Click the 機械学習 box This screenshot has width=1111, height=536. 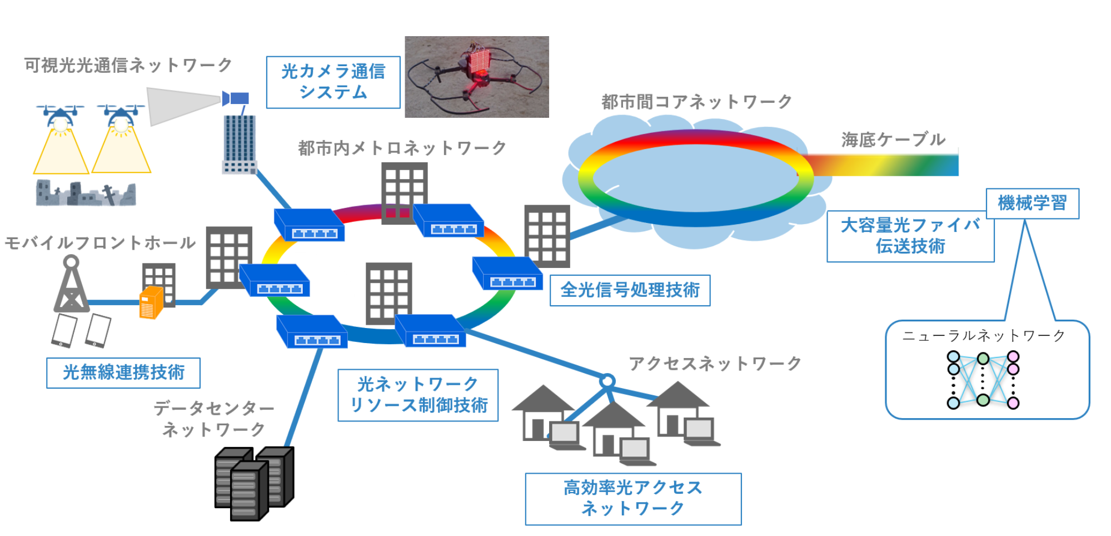click(x=1032, y=204)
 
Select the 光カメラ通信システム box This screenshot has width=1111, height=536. click(x=333, y=82)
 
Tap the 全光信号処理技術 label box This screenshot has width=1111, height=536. click(x=630, y=290)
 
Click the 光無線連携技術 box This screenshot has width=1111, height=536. click(x=123, y=373)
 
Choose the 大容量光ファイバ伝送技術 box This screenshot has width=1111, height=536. click(x=910, y=236)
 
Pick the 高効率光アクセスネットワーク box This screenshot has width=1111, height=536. click(x=633, y=498)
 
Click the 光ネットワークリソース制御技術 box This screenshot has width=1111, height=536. click(x=418, y=395)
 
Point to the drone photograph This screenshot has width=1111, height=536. click(x=476, y=77)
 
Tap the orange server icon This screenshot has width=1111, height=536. click(x=151, y=302)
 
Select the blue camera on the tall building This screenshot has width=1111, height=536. click(x=236, y=99)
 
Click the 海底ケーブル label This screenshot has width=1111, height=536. click(x=893, y=140)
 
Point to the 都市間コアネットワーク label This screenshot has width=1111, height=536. click(x=696, y=102)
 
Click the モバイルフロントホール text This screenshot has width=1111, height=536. click(x=100, y=243)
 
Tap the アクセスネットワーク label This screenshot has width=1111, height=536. click(x=715, y=364)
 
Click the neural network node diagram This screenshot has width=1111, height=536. click(x=983, y=380)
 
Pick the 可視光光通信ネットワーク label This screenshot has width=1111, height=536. click(x=128, y=65)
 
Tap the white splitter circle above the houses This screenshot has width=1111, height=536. click(x=607, y=381)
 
